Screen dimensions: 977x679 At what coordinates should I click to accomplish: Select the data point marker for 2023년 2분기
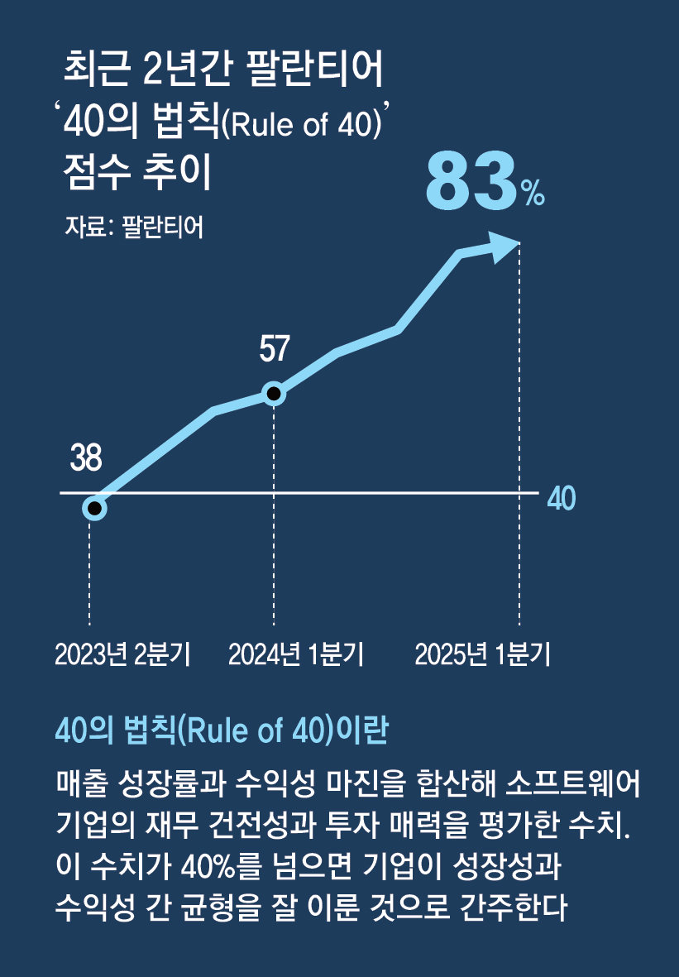click(95, 508)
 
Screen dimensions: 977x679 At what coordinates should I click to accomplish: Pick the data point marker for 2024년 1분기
click(273, 394)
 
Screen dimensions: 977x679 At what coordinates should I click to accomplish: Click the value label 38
click(86, 458)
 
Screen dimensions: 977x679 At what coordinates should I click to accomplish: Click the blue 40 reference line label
click(562, 499)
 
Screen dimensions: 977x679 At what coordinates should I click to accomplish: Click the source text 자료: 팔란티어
click(133, 227)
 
